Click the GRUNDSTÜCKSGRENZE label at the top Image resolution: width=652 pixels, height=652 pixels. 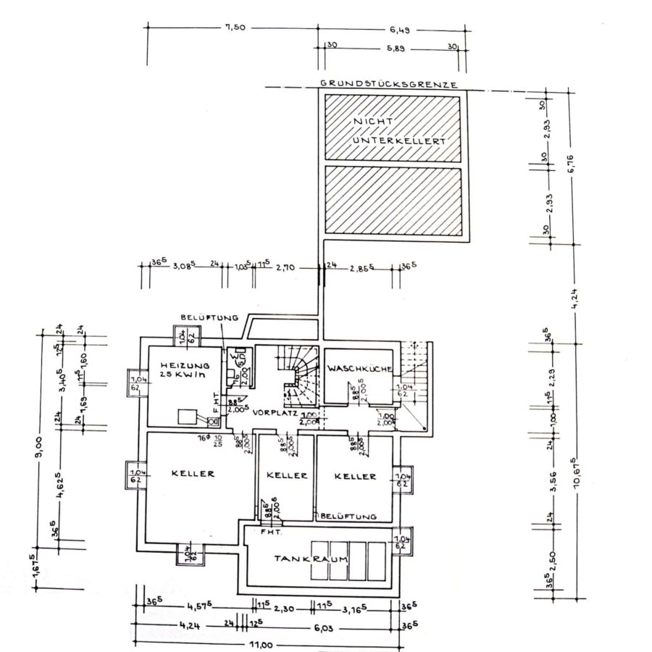389,84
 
